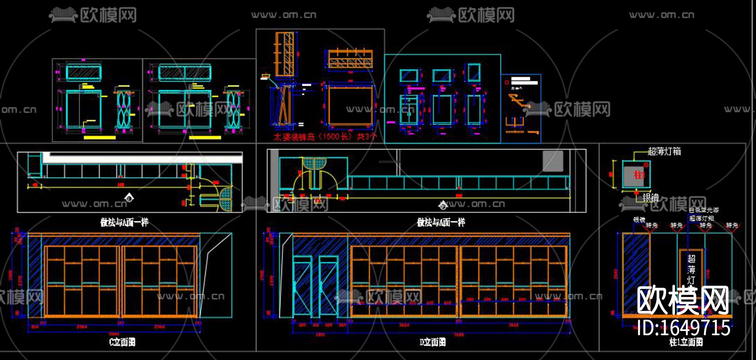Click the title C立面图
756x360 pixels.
tap(122, 342)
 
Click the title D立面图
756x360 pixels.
tap(433, 342)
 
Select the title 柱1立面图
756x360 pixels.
tap(686, 342)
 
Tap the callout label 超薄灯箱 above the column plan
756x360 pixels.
tap(664, 152)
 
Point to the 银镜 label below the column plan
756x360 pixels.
tap(651, 197)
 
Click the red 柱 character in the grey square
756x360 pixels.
tap(638, 175)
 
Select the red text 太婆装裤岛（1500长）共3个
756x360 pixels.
tap(325, 137)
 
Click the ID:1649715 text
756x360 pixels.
tap(684, 328)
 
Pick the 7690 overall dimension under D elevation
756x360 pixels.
tap(459, 335)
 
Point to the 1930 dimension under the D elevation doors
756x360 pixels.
tap(320, 335)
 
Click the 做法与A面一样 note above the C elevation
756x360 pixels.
tap(124, 222)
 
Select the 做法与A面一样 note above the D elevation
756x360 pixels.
tap(441, 222)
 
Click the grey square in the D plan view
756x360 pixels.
tap(552, 161)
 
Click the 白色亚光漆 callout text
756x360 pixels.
tap(704, 210)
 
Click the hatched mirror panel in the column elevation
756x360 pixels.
tap(636, 273)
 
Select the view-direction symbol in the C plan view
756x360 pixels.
tap(129, 197)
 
